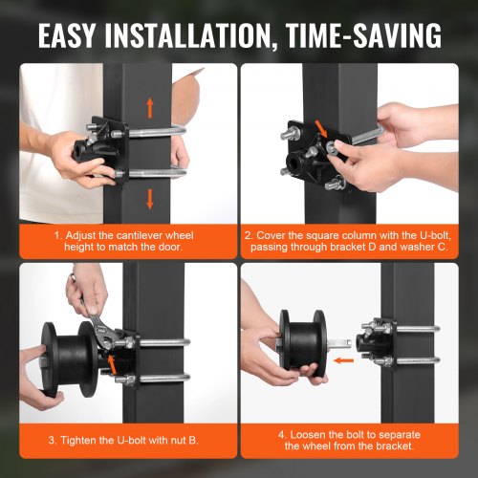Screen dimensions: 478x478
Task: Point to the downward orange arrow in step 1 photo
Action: point(149,198)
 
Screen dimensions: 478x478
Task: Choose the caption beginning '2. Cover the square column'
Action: point(358,238)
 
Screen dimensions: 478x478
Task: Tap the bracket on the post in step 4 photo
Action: point(377,345)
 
